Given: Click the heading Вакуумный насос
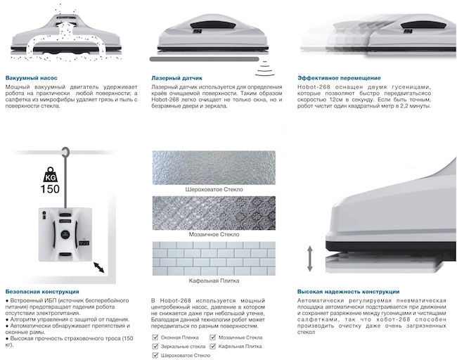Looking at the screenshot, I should click(x=32, y=77).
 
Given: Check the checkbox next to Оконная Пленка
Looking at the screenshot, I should click(x=155, y=337).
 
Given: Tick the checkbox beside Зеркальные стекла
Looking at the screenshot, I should click(x=155, y=346).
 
